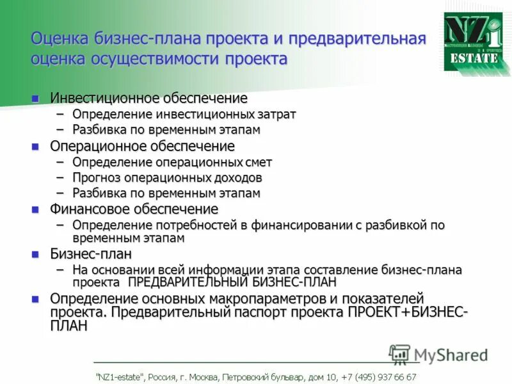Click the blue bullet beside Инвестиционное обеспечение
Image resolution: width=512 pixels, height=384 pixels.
pos(36,98)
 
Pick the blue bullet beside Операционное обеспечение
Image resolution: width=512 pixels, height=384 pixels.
pos(36,146)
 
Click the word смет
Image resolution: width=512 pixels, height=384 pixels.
pos(258,163)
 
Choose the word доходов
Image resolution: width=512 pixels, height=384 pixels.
pos(237,177)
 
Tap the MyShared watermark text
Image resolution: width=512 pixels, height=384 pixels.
pos(451,355)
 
